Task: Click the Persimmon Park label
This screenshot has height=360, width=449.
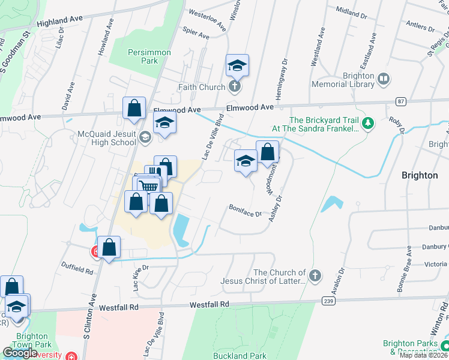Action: click(x=142, y=56)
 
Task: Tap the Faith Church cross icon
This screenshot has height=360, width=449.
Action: click(x=234, y=87)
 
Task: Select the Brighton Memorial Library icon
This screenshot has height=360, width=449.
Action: click(x=383, y=79)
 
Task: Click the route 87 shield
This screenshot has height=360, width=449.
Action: click(x=402, y=101)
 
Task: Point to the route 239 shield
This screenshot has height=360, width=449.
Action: click(x=328, y=301)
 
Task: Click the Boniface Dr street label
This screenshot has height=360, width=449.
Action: click(x=245, y=210)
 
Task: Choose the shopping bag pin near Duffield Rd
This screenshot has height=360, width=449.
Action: click(x=109, y=247)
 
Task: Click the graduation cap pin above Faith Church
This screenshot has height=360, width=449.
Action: click(x=237, y=65)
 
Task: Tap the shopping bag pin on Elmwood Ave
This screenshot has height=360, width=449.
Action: click(x=134, y=108)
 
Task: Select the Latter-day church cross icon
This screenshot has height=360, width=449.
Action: click(x=316, y=276)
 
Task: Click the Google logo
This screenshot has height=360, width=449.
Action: click(x=20, y=353)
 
